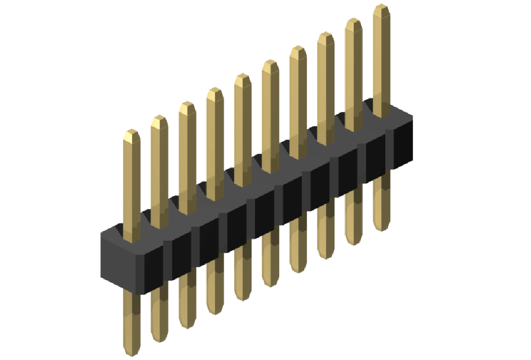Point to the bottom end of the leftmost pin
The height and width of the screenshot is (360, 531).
[132, 352]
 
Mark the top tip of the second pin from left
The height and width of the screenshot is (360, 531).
[159, 119]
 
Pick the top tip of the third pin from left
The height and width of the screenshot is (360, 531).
[187, 105]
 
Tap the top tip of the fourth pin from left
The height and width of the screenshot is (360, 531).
[215, 91]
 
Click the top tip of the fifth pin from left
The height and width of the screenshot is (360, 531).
[242, 78]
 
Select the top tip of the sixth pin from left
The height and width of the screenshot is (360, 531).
[270, 64]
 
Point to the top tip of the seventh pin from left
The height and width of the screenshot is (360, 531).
[298, 50]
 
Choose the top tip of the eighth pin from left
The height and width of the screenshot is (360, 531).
[325, 36]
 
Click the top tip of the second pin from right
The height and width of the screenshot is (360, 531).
[353, 22]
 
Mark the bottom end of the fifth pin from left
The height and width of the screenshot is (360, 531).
[242, 297]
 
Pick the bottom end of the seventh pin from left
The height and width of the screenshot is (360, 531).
[298, 270]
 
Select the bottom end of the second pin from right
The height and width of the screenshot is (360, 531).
[353, 242]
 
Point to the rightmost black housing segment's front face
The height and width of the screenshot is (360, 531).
[403, 146]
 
